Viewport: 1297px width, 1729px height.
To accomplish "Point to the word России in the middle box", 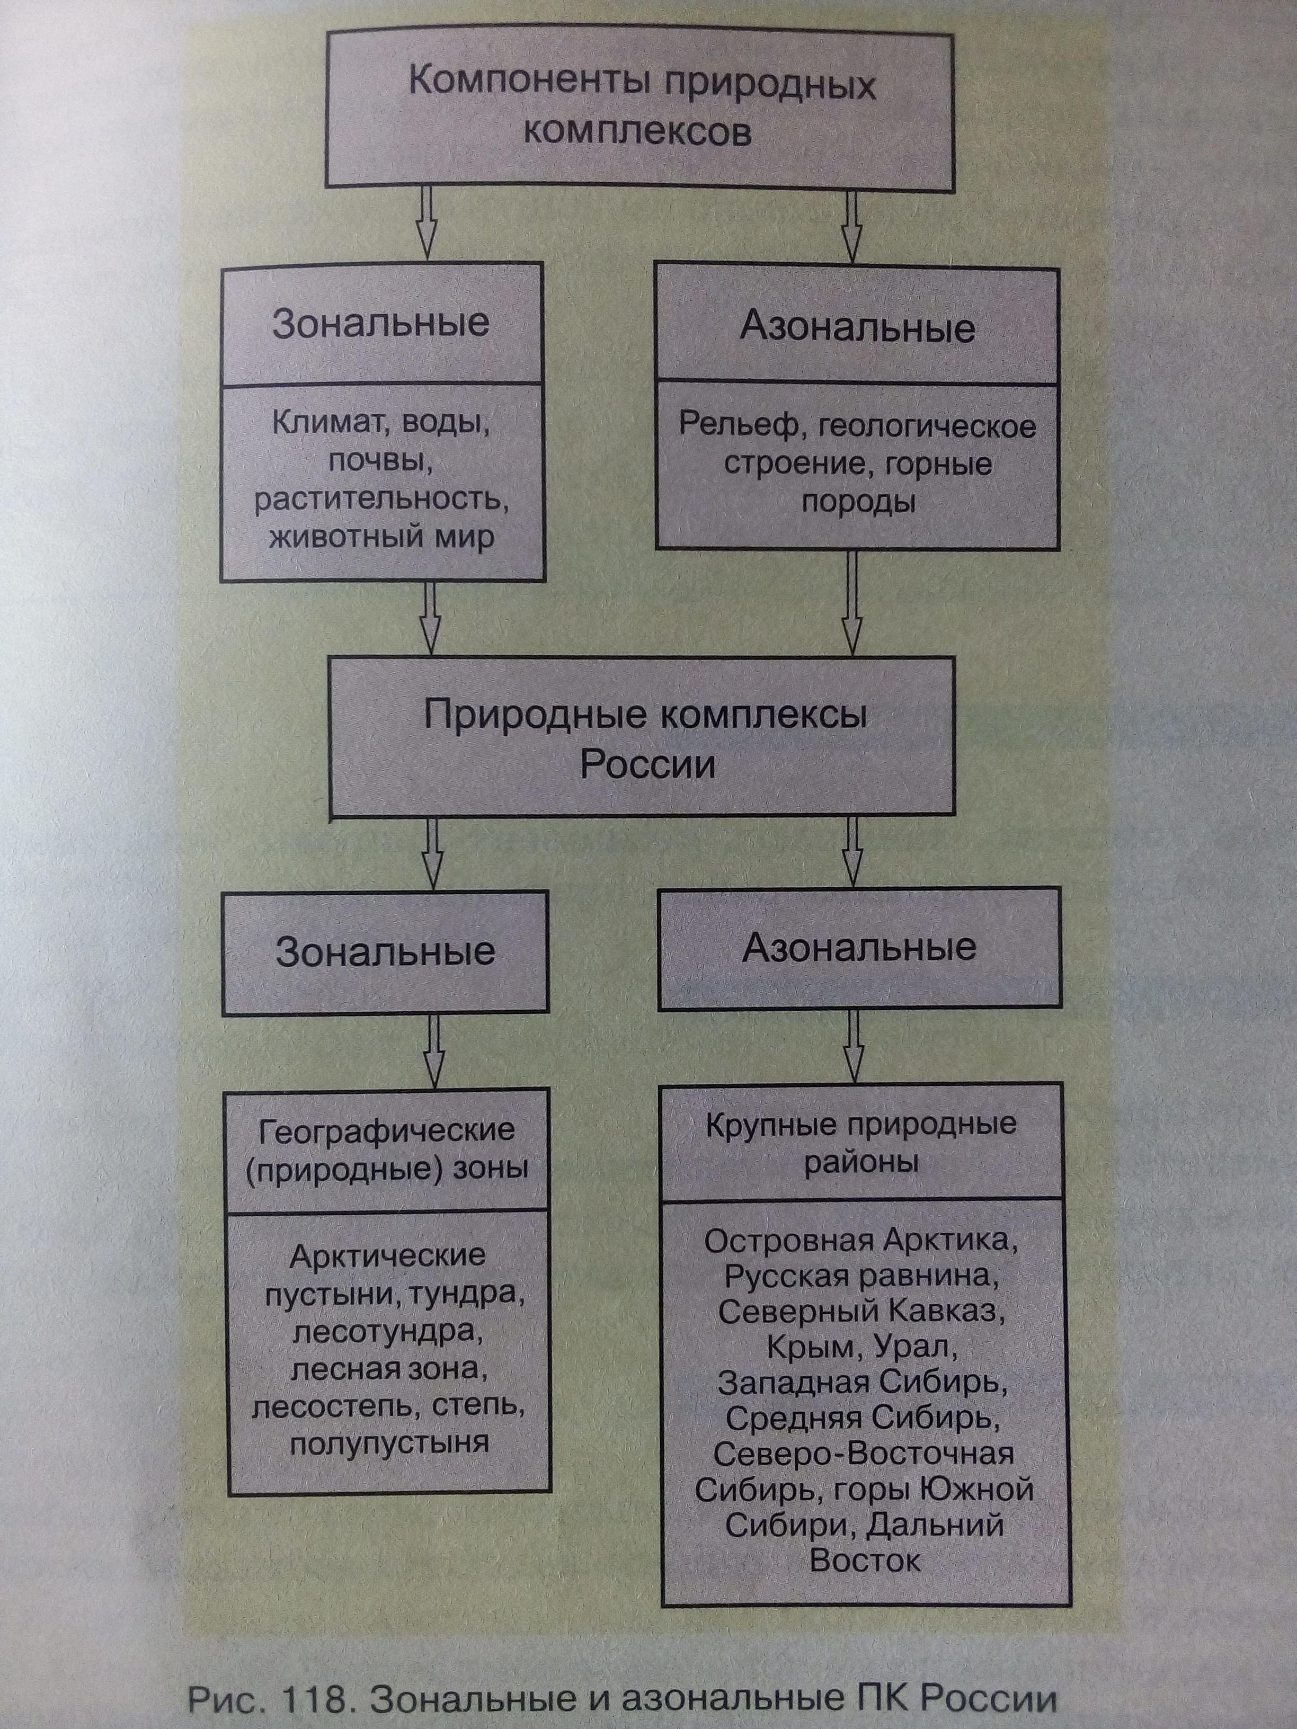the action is click(647, 764).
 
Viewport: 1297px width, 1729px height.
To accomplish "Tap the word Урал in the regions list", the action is click(912, 1347).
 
